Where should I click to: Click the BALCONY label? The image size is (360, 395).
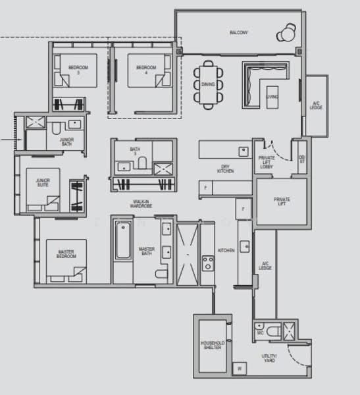click(238, 33)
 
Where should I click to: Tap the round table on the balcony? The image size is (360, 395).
click(288, 32)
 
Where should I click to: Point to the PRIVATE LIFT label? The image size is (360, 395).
click(282, 201)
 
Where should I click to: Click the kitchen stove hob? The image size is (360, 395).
click(208, 263)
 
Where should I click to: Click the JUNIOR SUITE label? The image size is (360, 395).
click(43, 182)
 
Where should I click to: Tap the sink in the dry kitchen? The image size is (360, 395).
click(242, 150)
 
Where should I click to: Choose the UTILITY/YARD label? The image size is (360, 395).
click(270, 358)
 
